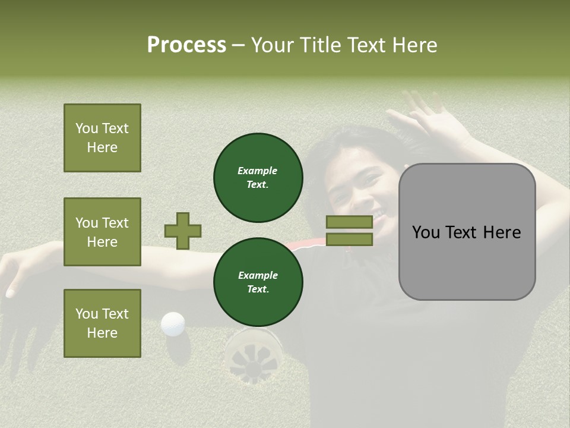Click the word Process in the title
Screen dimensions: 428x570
point(186,45)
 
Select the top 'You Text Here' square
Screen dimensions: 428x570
point(102,138)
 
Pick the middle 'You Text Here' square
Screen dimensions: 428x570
point(102,232)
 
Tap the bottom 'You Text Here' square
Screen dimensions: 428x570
point(102,323)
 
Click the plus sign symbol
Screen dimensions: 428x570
point(183,231)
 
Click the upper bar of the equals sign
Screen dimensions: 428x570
point(349,222)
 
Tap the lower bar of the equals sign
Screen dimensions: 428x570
point(349,240)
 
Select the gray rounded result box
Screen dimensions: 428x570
point(467,232)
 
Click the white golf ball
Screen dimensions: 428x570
point(173,324)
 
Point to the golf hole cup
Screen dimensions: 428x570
point(253,355)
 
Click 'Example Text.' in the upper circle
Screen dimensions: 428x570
point(258,177)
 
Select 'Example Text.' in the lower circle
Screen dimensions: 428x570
point(258,282)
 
